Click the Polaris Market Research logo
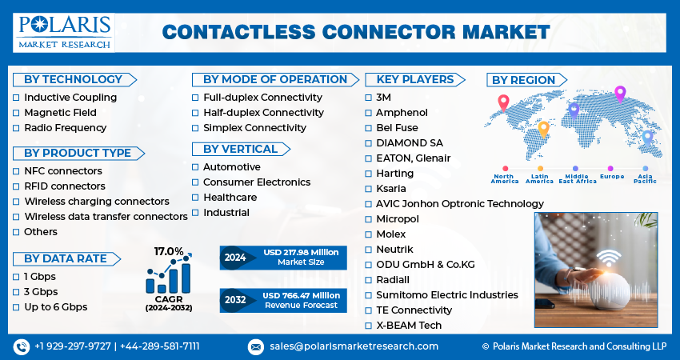click(63, 31)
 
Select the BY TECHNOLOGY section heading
click(73, 79)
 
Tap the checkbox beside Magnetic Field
click(16, 113)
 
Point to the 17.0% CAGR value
click(169, 251)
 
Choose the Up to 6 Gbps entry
click(55, 307)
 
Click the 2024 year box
click(236, 258)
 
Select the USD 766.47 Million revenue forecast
click(302, 300)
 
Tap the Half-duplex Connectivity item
click(263, 113)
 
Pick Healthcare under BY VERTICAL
click(230, 198)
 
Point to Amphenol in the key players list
click(402, 113)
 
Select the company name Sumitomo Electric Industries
click(446, 295)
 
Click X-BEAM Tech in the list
click(408, 326)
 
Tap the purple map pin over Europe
click(619, 93)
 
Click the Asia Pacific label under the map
click(645, 179)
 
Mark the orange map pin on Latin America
click(543, 127)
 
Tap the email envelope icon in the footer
click(256, 346)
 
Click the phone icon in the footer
click(21, 346)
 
